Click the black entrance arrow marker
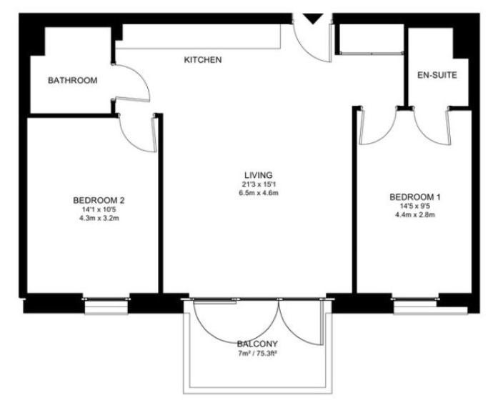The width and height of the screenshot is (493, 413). coord(313,19)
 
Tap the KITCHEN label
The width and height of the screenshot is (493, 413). coord(203,60)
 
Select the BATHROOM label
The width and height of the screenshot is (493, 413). coord(73,81)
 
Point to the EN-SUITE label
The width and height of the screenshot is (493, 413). coord(437,75)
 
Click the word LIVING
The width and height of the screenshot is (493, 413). coord(259,175)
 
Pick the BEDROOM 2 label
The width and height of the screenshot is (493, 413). coord(99,200)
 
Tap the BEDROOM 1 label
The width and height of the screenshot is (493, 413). coord(415,197)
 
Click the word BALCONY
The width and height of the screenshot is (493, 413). coord(257,344)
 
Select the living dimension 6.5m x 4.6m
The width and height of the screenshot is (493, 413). coord(259,193)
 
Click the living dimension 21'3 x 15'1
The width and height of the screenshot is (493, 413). coord(259,184)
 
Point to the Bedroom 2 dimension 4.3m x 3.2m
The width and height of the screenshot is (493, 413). coord(99,218)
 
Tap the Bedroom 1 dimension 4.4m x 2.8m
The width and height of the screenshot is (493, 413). coord(415,215)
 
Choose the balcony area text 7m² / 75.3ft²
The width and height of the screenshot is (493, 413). coord(257,353)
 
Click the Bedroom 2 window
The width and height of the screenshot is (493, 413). coord(106,305)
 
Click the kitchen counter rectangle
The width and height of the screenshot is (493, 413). coord(198,36)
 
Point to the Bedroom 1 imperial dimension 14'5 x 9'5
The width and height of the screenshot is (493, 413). coord(415,206)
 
